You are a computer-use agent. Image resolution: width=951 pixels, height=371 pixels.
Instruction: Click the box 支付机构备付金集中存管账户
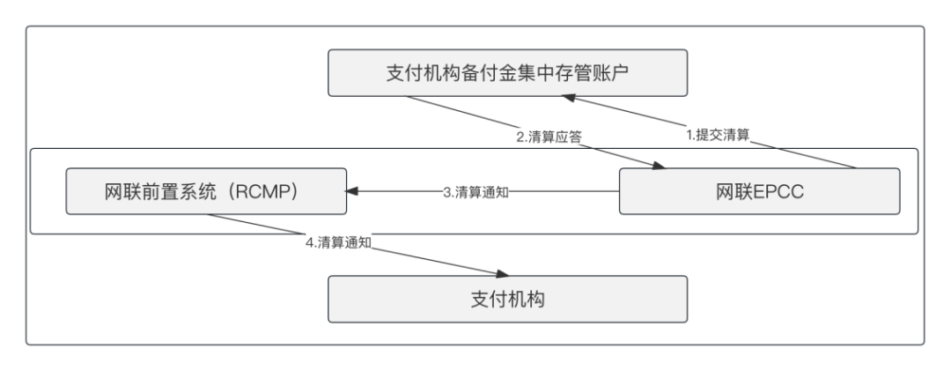click(508, 73)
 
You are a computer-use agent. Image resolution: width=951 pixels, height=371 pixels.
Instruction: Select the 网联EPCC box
click(759, 191)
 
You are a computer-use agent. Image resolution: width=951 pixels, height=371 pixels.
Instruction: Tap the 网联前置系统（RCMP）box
click(206, 191)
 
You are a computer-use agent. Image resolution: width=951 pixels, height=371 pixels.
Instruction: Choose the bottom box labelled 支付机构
click(508, 300)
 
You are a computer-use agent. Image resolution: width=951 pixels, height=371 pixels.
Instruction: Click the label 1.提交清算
click(718, 136)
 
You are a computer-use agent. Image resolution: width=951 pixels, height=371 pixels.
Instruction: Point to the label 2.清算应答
click(549, 137)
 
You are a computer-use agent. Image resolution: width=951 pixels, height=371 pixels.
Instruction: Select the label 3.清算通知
click(475, 192)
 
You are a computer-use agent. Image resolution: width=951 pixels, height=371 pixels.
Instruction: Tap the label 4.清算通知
click(338, 242)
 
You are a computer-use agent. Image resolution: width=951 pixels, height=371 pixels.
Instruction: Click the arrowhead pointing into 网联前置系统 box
click(351, 191)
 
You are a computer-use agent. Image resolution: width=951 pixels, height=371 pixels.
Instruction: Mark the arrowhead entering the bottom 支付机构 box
click(502, 274)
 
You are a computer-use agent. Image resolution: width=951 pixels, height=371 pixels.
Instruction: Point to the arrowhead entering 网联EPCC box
click(659, 165)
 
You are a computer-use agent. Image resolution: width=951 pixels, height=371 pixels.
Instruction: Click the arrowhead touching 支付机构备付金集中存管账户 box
click(568, 98)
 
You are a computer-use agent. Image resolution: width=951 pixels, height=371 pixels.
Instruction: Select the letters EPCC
click(778, 192)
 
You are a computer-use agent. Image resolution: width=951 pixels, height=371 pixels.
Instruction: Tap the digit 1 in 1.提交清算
click(689, 136)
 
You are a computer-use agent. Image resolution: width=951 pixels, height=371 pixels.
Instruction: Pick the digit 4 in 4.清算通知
click(309, 242)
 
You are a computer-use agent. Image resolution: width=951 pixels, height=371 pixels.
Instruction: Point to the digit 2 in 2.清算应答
click(520, 137)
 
